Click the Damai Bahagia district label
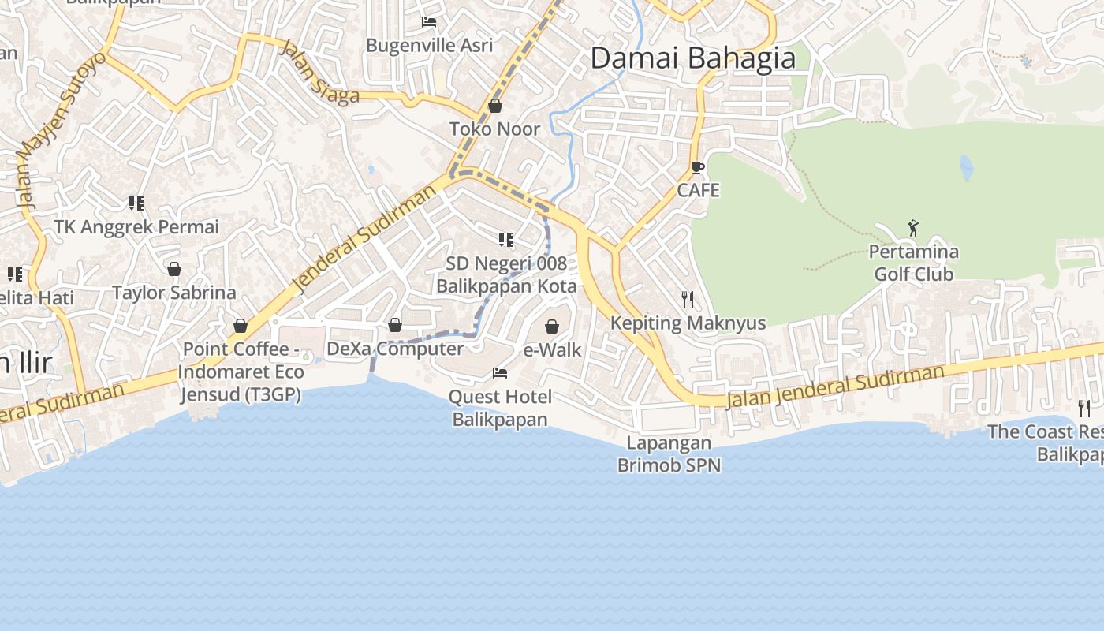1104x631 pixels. pyautogui.click(x=692, y=58)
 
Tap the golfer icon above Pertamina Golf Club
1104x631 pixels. pyautogui.click(x=913, y=228)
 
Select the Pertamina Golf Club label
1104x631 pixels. pyautogui.click(x=913, y=263)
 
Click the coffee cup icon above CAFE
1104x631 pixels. pyautogui.click(x=697, y=167)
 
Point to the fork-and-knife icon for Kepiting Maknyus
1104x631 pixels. pyautogui.click(x=688, y=299)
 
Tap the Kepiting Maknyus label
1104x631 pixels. pyautogui.click(x=688, y=323)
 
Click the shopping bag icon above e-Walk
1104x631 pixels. pyautogui.click(x=552, y=326)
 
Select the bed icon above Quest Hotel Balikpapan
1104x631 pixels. pyautogui.click(x=499, y=372)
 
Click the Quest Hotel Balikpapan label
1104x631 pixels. pyautogui.click(x=500, y=408)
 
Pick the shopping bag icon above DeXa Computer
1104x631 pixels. pyautogui.click(x=395, y=325)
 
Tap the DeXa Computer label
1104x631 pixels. pyautogui.click(x=395, y=349)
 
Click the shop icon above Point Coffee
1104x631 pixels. pyautogui.click(x=241, y=326)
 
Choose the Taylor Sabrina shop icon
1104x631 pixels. pyautogui.click(x=174, y=269)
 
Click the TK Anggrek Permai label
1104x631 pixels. pyautogui.click(x=136, y=227)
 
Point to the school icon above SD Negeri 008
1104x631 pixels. pyautogui.click(x=505, y=239)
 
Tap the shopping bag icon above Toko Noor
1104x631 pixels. pyautogui.click(x=495, y=106)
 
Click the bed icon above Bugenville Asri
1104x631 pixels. pyautogui.click(x=429, y=22)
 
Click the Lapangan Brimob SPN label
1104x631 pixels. pyautogui.click(x=669, y=454)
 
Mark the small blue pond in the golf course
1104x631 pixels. pyautogui.click(x=966, y=167)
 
